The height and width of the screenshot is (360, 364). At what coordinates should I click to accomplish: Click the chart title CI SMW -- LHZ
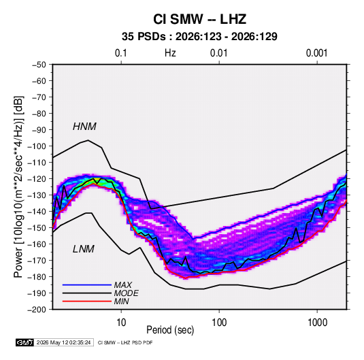(199, 19)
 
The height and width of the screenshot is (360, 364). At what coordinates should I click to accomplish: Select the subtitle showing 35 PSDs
(199, 37)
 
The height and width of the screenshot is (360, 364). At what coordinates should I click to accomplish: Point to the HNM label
(84, 127)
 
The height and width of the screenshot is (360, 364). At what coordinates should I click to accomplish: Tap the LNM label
(84, 249)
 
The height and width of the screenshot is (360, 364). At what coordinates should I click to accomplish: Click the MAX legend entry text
(122, 285)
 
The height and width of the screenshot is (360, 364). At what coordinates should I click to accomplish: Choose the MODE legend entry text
(127, 293)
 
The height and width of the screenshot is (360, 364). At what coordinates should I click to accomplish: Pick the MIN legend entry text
(121, 301)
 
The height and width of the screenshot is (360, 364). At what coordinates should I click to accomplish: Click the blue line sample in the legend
(87, 284)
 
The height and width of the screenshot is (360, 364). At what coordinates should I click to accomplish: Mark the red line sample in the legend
(87, 301)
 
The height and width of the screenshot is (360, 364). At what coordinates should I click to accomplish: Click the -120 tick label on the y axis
(37, 179)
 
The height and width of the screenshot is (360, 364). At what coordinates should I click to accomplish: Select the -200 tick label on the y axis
(37, 310)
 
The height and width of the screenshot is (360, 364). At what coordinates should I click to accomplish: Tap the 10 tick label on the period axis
(121, 323)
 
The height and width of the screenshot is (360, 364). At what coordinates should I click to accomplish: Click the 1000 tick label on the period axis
(317, 323)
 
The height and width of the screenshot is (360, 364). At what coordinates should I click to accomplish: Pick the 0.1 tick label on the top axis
(121, 53)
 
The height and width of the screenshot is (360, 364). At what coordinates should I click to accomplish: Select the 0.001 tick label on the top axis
(317, 53)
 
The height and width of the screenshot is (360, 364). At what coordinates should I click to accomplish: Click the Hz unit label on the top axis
(170, 53)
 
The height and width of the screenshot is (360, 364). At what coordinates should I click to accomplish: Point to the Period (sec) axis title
(170, 330)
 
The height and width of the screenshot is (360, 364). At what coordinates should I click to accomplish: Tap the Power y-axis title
(18, 186)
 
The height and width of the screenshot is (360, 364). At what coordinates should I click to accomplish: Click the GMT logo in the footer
(24, 342)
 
